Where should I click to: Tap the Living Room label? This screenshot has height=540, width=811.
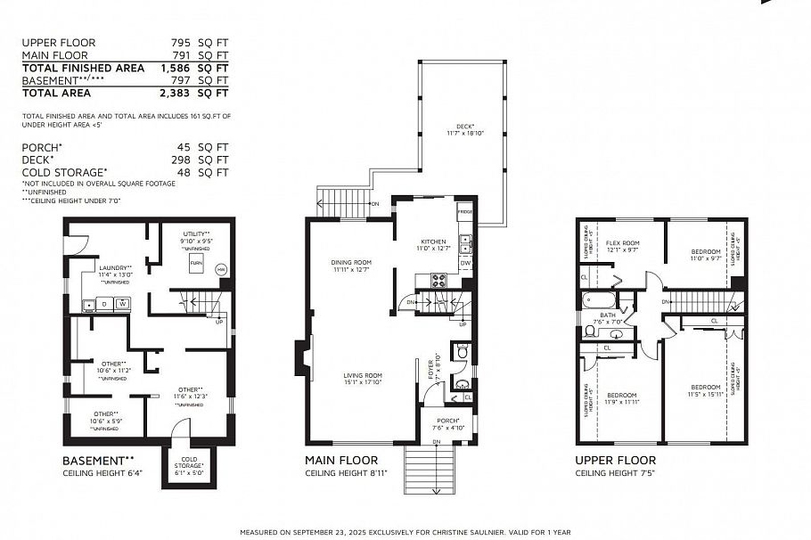362,376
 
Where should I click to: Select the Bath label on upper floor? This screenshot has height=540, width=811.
609,315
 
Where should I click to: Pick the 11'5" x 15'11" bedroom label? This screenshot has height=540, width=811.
704,388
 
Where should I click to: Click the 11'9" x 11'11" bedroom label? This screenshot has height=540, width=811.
621,396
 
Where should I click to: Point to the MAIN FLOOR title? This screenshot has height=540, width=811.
342,461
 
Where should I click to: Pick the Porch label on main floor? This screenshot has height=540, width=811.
447,421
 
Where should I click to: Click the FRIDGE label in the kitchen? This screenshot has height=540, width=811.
464,214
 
